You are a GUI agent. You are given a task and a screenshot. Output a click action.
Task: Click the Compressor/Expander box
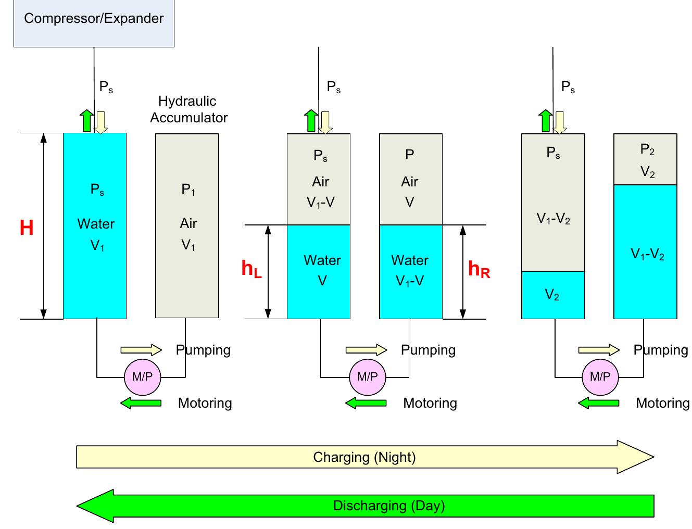click(94, 23)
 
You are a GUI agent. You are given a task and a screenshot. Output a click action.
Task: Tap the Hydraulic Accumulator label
click(188, 109)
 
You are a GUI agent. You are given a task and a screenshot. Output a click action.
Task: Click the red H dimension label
click(27, 228)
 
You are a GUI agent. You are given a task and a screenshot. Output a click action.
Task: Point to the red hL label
click(251, 269)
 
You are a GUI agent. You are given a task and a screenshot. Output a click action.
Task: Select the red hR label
click(479, 269)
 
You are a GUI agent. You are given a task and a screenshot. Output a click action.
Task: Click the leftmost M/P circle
click(142, 376)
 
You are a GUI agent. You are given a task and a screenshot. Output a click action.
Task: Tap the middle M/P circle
click(367, 376)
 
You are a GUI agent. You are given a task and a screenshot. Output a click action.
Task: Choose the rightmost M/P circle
click(600, 376)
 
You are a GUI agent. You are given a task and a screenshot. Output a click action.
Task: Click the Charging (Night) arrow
click(364, 457)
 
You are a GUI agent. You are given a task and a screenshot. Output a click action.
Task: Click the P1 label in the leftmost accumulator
click(188, 190)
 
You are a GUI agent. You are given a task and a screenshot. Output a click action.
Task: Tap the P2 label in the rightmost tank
click(647, 150)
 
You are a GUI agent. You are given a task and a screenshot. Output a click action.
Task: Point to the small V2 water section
click(552, 295)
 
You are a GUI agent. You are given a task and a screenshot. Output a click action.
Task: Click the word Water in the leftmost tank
click(96, 224)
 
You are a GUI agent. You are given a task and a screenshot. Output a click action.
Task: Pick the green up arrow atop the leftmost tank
click(87, 121)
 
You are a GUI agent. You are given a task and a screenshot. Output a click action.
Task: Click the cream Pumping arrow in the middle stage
click(366, 350)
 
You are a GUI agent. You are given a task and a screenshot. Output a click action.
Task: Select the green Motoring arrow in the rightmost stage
click(598, 403)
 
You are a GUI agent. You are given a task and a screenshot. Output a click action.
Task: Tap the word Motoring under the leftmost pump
click(205, 403)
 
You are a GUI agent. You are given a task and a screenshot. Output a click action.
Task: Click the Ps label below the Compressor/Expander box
click(106, 87)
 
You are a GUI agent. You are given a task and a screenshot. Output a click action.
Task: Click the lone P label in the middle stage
click(409, 155)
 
